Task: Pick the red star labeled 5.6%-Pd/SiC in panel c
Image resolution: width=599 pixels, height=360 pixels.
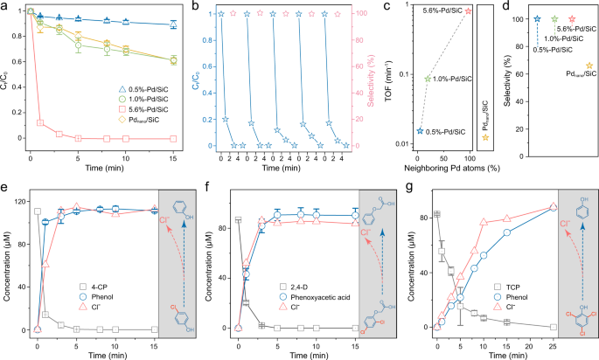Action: tap(468, 10)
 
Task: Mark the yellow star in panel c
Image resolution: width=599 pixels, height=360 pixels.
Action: tap(485, 137)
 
